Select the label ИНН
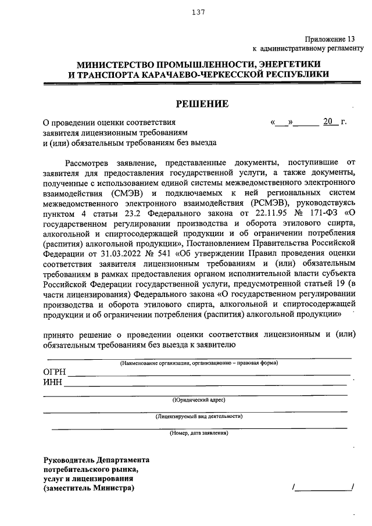pyautogui.click(x=52, y=382)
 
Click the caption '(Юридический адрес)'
pyautogui.click(x=198, y=400)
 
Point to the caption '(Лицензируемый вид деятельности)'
pyautogui.click(x=198, y=416)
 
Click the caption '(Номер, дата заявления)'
pyautogui.click(x=198, y=433)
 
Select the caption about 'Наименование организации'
pyautogui.click(x=198, y=363)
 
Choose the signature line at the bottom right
pyautogui.click(x=323, y=488)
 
